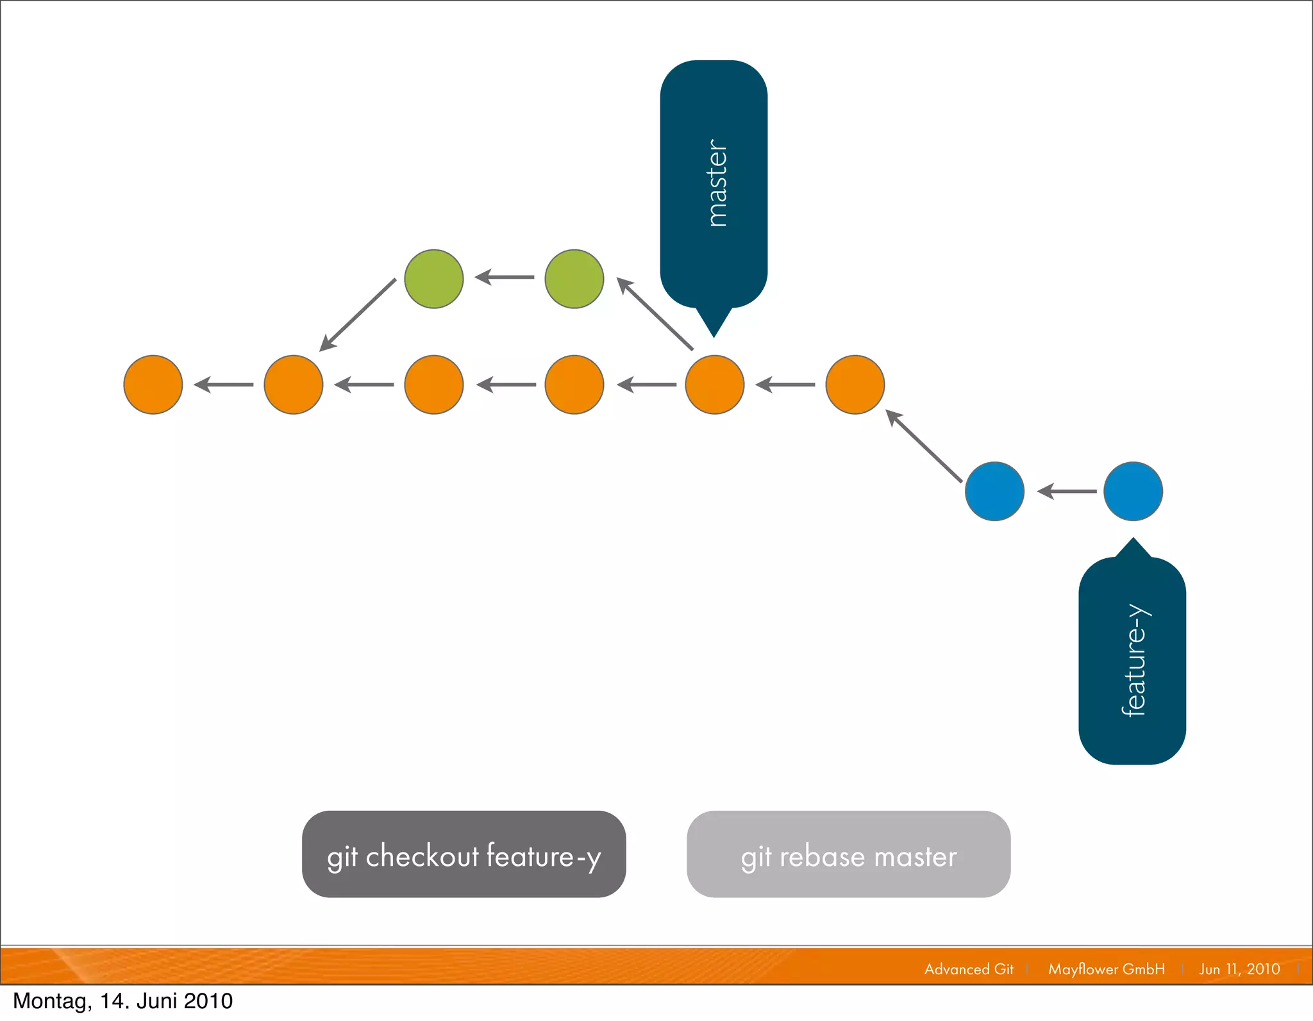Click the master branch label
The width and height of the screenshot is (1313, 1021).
pos(714,185)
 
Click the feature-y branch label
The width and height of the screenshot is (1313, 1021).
pos(1132,660)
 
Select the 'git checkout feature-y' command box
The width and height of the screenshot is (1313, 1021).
pos(464,854)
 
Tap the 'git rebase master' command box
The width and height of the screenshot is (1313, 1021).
pos(848,854)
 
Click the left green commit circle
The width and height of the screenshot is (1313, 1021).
pos(434,279)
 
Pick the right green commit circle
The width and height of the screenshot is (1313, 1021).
pos(574,279)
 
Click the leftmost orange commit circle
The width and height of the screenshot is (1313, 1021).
pos(153,385)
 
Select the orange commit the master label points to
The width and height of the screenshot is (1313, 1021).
pos(715,385)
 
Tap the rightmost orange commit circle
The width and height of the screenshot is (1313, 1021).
pos(855,385)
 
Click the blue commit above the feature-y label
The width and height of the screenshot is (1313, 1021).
pos(1133,491)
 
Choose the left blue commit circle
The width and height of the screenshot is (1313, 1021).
pos(994,491)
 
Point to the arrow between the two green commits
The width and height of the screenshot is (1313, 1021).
pos(505,278)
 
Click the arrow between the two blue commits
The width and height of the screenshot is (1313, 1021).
pos(1067,492)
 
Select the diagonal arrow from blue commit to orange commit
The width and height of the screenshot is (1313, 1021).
pos(924,445)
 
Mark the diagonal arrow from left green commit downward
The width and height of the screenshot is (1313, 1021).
pos(358,315)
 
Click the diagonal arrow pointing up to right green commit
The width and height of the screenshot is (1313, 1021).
pos(655,313)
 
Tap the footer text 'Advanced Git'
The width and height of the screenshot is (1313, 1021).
pos(969,969)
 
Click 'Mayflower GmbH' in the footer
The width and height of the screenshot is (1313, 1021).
pos(1107,969)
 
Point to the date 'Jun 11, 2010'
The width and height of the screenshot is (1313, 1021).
pos(1239,969)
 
